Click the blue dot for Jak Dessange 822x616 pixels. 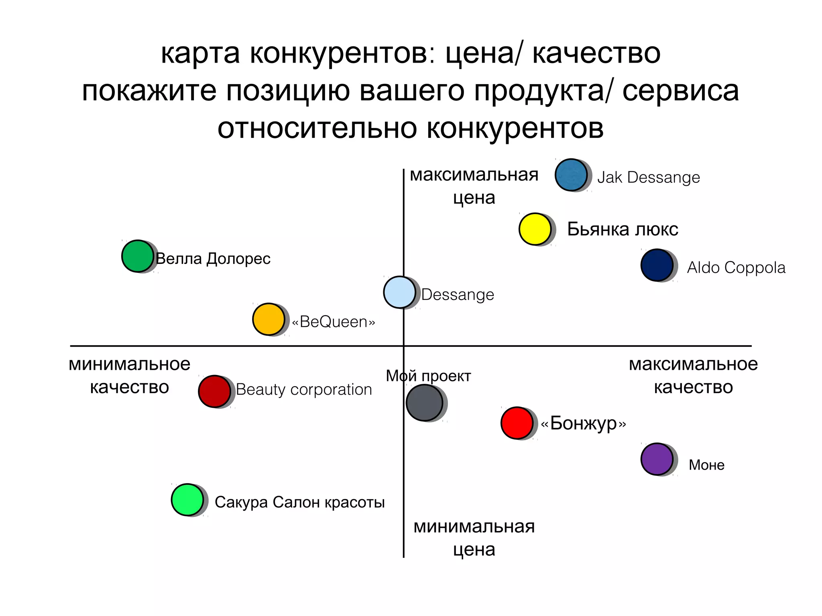(x=571, y=175)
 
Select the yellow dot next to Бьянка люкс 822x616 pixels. (x=535, y=229)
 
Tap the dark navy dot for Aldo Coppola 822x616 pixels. (x=657, y=265)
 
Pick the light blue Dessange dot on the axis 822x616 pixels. (x=399, y=292)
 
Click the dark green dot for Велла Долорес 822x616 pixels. (x=137, y=256)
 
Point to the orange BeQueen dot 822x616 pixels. (x=269, y=319)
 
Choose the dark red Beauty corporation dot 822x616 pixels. (x=214, y=391)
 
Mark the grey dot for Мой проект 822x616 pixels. (x=424, y=403)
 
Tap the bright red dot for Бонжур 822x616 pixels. (x=517, y=423)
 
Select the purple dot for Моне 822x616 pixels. (x=657, y=459)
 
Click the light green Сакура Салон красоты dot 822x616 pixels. (x=187, y=500)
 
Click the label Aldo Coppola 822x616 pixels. (x=736, y=267)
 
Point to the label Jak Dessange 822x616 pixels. (x=648, y=177)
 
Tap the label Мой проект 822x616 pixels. (x=428, y=376)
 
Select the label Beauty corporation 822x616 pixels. (x=304, y=389)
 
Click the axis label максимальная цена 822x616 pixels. (x=474, y=186)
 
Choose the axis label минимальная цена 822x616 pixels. (x=474, y=538)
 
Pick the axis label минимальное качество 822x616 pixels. (x=129, y=375)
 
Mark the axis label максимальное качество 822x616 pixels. (x=693, y=375)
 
